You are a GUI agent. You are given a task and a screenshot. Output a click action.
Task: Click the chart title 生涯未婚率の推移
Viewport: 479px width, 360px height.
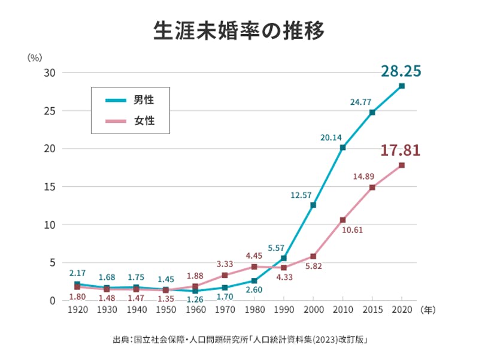click(x=239, y=31)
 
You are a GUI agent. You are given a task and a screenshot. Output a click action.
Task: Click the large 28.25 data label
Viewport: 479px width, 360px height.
click(x=401, y=71)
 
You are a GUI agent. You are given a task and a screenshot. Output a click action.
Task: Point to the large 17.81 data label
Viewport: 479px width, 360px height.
click(x=401, y=149)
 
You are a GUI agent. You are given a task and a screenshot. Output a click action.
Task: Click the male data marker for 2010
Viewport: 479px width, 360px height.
click(x=342, y=147)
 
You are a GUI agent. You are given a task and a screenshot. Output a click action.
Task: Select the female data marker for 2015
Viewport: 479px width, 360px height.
click(x=372, y=187)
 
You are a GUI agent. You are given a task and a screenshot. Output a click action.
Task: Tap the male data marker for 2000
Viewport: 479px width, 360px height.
click(x=313, y=205)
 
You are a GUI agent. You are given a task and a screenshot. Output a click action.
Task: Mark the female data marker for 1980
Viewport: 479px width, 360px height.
click(x=254, y=267)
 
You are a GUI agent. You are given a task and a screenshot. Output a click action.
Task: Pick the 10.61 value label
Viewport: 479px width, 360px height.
click(x=351, y=229)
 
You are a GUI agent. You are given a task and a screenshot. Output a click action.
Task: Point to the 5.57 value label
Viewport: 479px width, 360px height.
click(x=276, y=248)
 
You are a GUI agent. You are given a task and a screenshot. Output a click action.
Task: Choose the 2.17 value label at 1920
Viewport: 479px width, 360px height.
click(x=78, y=273)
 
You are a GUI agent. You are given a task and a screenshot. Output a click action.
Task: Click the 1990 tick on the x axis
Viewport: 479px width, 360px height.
click(x=284, y=310)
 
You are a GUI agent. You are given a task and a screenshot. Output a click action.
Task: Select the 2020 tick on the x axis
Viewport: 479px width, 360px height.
click(x=401, y=310)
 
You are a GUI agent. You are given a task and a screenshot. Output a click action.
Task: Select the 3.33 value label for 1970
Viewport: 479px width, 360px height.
click(x=225, y=264)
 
